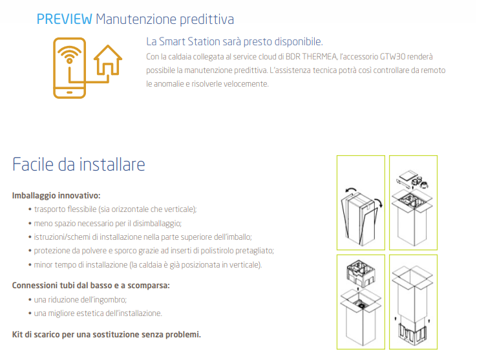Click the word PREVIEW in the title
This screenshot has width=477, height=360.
64,19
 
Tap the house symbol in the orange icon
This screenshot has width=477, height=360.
108,60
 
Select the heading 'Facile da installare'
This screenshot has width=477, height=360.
78,164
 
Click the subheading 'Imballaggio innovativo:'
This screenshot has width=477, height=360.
56,195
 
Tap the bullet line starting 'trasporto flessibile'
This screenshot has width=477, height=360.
115,209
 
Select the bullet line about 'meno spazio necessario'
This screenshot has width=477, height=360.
108,224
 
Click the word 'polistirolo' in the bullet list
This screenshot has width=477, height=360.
217,251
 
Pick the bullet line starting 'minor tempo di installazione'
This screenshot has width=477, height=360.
148,265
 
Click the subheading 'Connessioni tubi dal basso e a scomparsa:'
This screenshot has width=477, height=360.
91,286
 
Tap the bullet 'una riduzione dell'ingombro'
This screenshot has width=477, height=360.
80,300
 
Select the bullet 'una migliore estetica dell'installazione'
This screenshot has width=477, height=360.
98,313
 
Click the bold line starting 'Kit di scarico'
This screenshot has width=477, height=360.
107,334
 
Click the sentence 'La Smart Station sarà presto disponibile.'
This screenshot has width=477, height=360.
235,41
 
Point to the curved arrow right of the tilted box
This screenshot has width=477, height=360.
379,202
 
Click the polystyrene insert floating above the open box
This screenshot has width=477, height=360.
361,272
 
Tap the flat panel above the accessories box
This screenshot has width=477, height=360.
407,175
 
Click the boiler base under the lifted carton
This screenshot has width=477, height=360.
413,334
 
